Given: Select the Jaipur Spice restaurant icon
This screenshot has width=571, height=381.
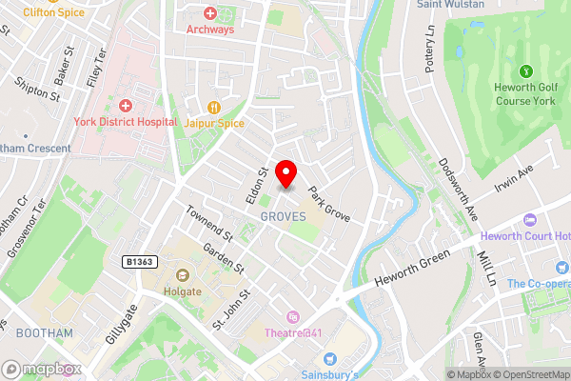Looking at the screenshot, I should [x=214, y=106].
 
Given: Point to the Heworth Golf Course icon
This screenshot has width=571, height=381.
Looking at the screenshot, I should [x=524, y=70].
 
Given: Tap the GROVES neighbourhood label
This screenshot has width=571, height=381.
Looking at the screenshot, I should [x=283, y=218].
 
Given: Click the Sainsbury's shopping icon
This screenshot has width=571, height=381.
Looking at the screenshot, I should [x=330, y=358].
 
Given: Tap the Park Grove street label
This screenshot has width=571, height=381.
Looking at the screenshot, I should [x=328, y=202].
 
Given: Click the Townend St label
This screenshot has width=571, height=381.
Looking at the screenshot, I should [x=208, y=223].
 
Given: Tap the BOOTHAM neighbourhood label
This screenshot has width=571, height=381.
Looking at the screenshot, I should [x=44, y=332].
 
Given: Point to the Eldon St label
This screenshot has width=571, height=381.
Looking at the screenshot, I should [x=254, y=178].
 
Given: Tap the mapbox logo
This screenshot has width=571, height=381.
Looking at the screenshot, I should [x=38, y=369].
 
